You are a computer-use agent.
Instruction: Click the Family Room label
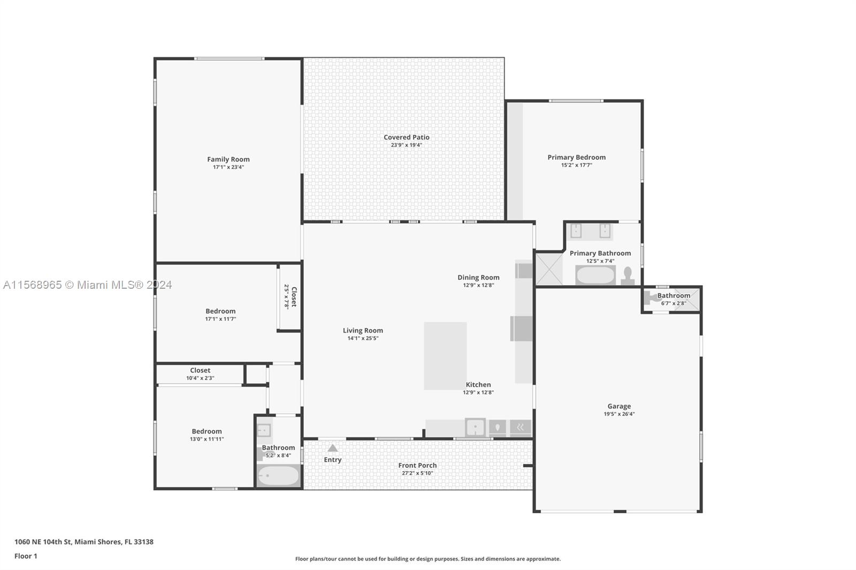[228, 159]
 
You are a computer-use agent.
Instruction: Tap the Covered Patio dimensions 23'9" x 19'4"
[406, 145]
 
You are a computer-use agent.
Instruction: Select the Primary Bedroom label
[576, 157]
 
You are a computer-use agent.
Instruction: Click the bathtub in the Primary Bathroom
[595, 275]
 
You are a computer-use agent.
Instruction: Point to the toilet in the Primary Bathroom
[628, 276]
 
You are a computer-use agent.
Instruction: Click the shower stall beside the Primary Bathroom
[549, 268]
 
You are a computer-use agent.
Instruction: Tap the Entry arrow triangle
[332, 448]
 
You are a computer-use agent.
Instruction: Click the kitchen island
[445, 356]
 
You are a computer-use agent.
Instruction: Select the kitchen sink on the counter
[476, 428]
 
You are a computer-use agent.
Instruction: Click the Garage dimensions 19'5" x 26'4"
[619, 414]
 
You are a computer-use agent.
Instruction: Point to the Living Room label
[363, 330]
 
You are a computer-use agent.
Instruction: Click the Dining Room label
[478, 278]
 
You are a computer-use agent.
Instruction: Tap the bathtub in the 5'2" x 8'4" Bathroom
[278, 476]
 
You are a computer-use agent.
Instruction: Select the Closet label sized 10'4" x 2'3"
[200, 370]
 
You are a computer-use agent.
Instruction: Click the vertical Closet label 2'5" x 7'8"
[294, 297]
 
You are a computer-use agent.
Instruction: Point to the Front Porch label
[417, 465]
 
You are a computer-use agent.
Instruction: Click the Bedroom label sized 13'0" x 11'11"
[207, 432]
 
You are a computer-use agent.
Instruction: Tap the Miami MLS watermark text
[88, 285]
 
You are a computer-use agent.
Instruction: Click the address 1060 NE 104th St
[43, 542]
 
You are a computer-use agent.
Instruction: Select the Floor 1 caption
[26, 556]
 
